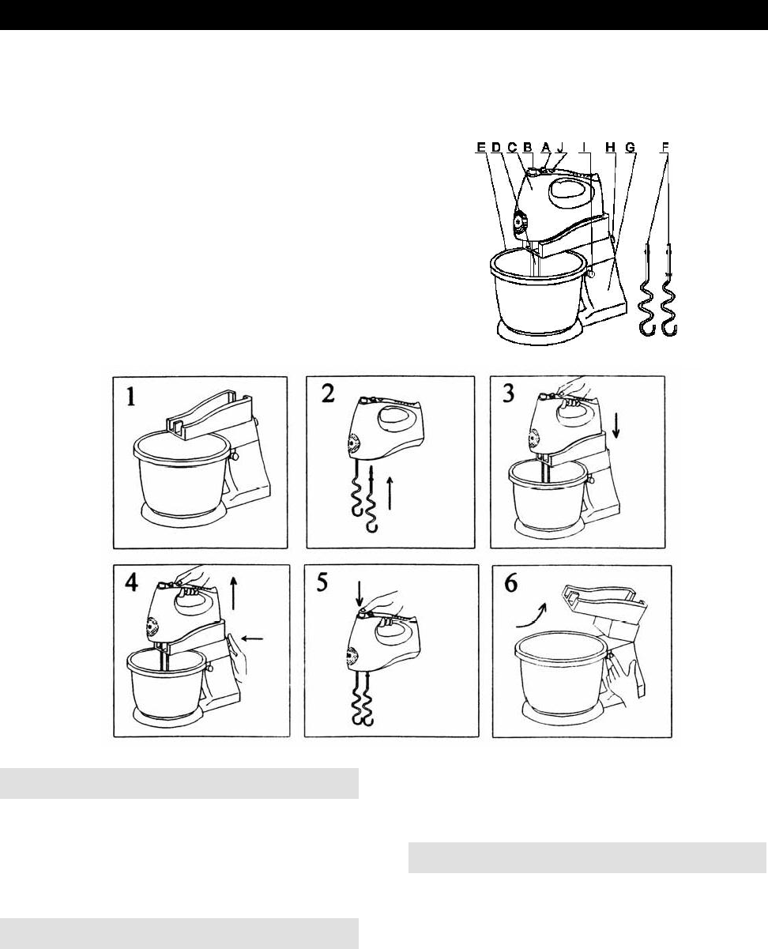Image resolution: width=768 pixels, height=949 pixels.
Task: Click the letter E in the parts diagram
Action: tap(480, 147)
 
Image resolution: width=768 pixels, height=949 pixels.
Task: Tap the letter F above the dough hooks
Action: tap(664, 147)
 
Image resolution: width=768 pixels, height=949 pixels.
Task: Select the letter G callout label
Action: tap(630, 147)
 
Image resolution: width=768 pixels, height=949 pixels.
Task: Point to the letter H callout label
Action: tap(610, 147)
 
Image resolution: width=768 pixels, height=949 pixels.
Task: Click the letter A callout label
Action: tap(546, 147)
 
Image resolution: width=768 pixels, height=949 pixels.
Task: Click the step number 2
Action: tap(328, 394)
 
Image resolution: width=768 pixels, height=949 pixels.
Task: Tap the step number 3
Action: tap(509, 393)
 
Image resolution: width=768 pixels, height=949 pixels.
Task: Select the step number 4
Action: tap(131, 583)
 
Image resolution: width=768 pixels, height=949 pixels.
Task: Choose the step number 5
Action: tap(322, 582)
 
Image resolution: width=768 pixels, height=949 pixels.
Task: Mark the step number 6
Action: tap(511, 583)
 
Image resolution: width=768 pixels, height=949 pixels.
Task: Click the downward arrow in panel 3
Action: tap(616, 426)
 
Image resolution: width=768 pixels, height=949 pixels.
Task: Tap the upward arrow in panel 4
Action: tap(233, 593)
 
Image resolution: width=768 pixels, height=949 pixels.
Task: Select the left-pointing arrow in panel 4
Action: tap(253, 639)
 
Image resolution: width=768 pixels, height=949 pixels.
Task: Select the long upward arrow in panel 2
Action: tap(390, 493)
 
